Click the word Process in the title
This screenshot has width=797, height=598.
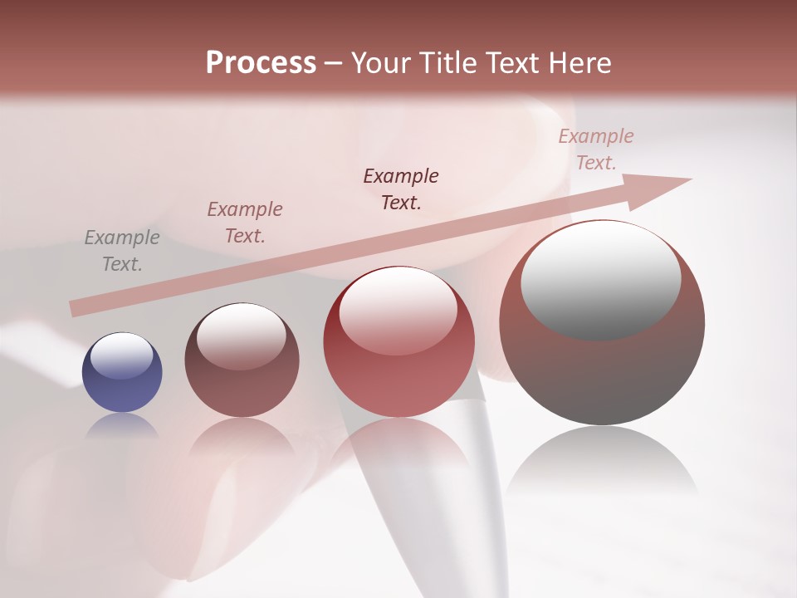[261, 63]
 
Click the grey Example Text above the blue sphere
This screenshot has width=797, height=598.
[122, 251]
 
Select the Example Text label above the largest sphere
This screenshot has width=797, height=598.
[595, 149]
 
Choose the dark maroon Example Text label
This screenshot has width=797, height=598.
[401, 189]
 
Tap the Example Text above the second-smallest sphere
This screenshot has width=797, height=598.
[245, 223]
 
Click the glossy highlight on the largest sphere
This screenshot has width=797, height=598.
[600, 278]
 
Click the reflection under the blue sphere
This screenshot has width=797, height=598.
[122, 425]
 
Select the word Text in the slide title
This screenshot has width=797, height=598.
[508, 63]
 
